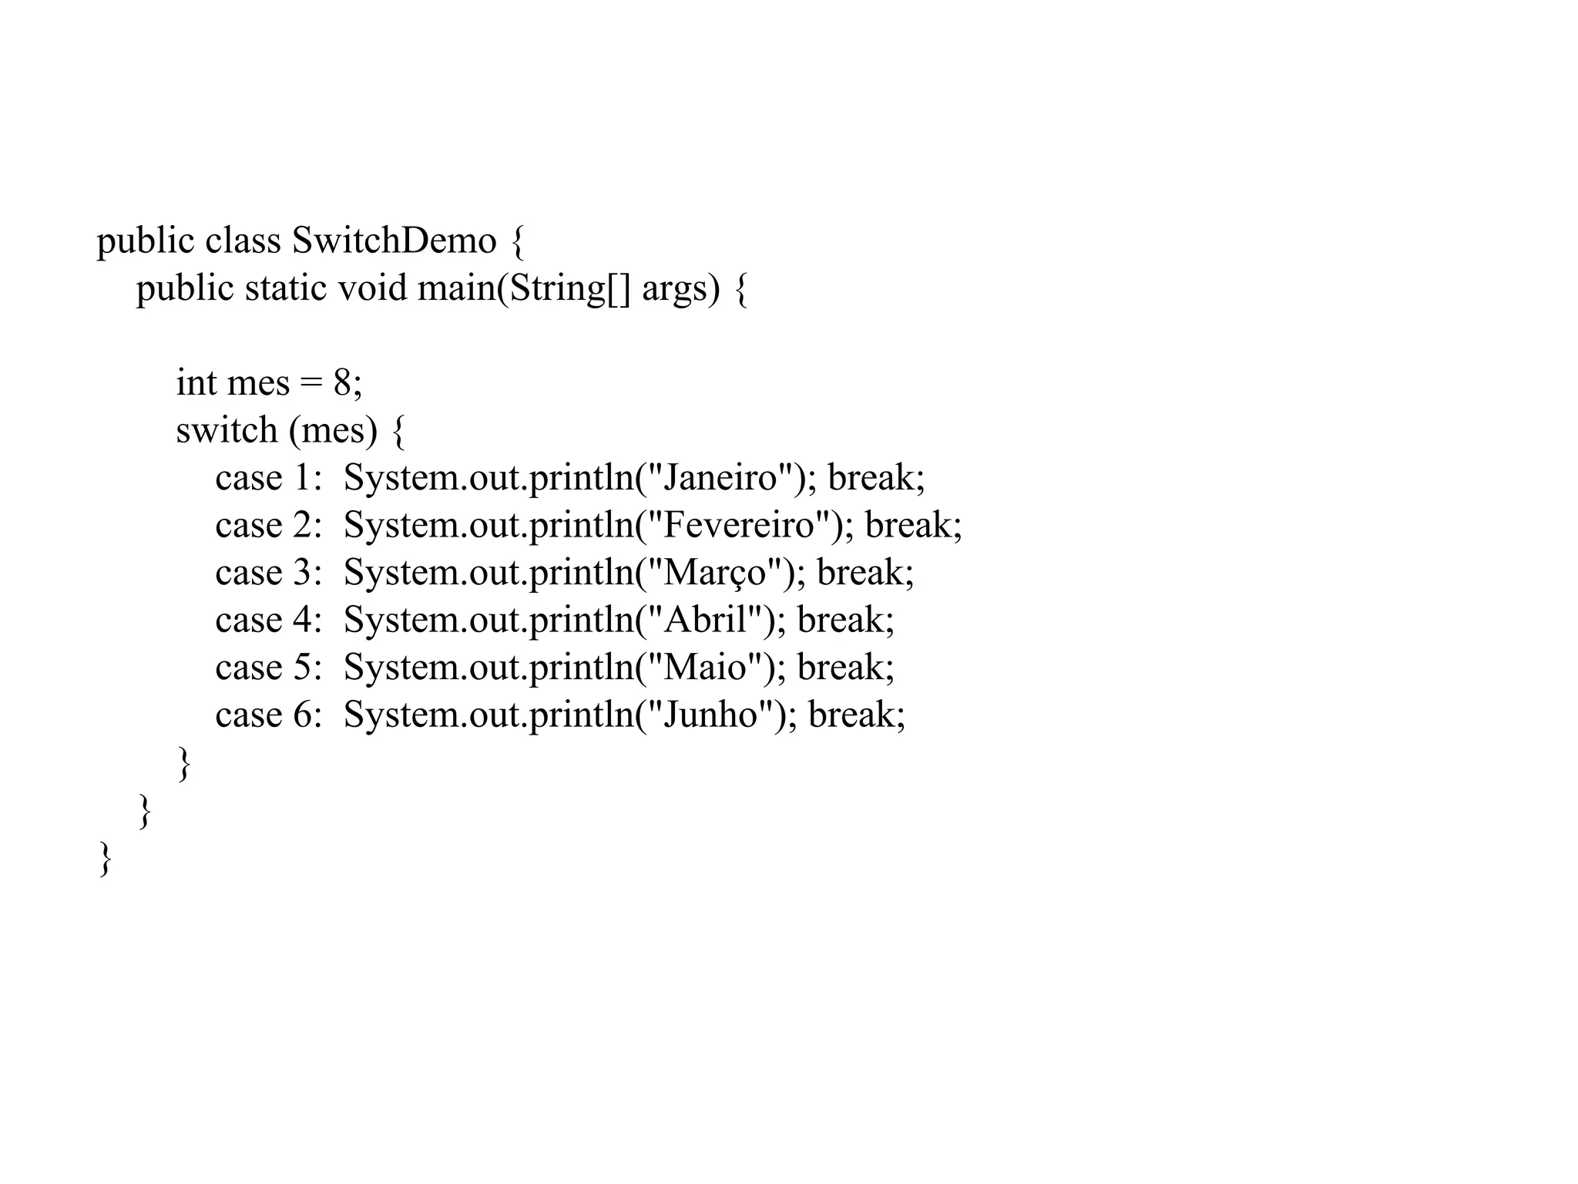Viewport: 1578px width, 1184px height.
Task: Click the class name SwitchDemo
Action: [394, 240]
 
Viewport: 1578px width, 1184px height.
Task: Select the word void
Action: [372, 288]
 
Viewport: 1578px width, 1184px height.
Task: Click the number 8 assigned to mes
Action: [342, 382]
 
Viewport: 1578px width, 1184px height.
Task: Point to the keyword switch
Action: [227, 429]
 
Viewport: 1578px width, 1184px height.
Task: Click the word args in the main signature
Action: [674, 290]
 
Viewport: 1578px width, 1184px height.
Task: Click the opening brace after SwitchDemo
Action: [517, 242]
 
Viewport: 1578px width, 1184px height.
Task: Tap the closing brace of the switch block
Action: [184, 764]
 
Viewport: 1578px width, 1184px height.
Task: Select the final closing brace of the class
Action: [106, 859]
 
